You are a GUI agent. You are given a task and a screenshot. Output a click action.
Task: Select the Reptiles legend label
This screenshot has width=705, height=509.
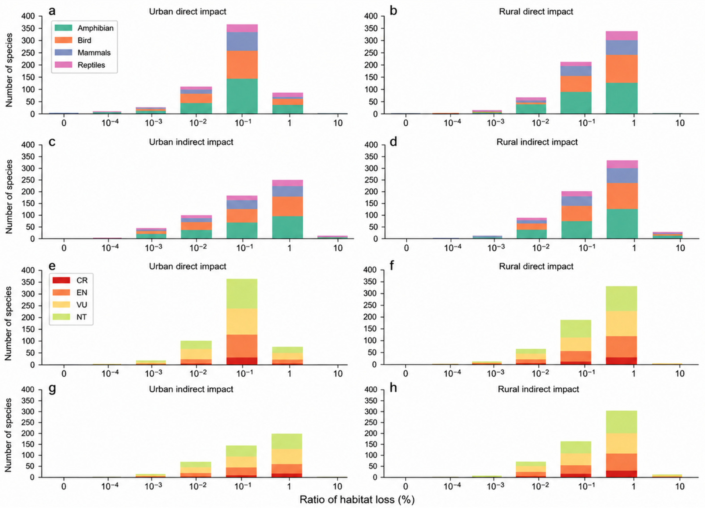(91, 65)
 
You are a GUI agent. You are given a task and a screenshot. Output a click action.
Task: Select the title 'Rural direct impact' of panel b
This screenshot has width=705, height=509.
(536, 11)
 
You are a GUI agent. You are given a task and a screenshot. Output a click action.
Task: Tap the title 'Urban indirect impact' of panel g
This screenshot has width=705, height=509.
(191, 389)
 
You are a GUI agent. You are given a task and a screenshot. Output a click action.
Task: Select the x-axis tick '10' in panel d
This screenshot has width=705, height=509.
(680, 248)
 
